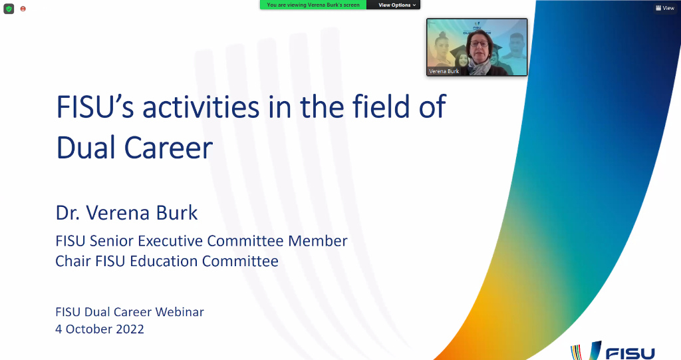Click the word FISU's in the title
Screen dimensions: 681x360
[x=95, y=107]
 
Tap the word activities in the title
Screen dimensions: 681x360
[x=201, y=107]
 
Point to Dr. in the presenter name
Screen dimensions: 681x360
[x=67, y=213]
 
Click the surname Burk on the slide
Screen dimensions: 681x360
[x=177, y=213]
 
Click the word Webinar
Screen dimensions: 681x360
[x=180, y=311]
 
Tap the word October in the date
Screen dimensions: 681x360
[x=89, y=329]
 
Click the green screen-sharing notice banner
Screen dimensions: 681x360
[x=313, y=5]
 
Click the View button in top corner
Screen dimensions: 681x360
[x=665, y=8]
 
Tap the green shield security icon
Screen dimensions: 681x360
[x=9, y=9]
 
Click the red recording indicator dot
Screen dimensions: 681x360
[x=23, y=9]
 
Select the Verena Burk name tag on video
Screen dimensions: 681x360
[x=444, y=71]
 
